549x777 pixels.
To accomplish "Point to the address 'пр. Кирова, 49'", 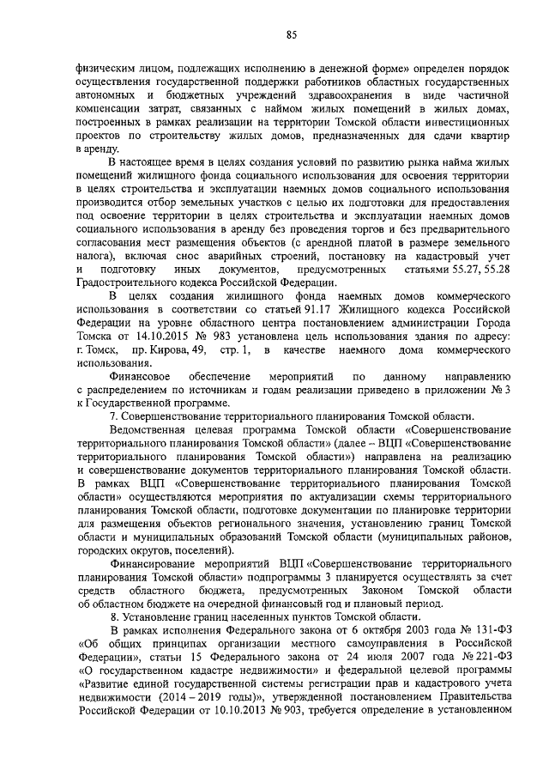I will [165, 350].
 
